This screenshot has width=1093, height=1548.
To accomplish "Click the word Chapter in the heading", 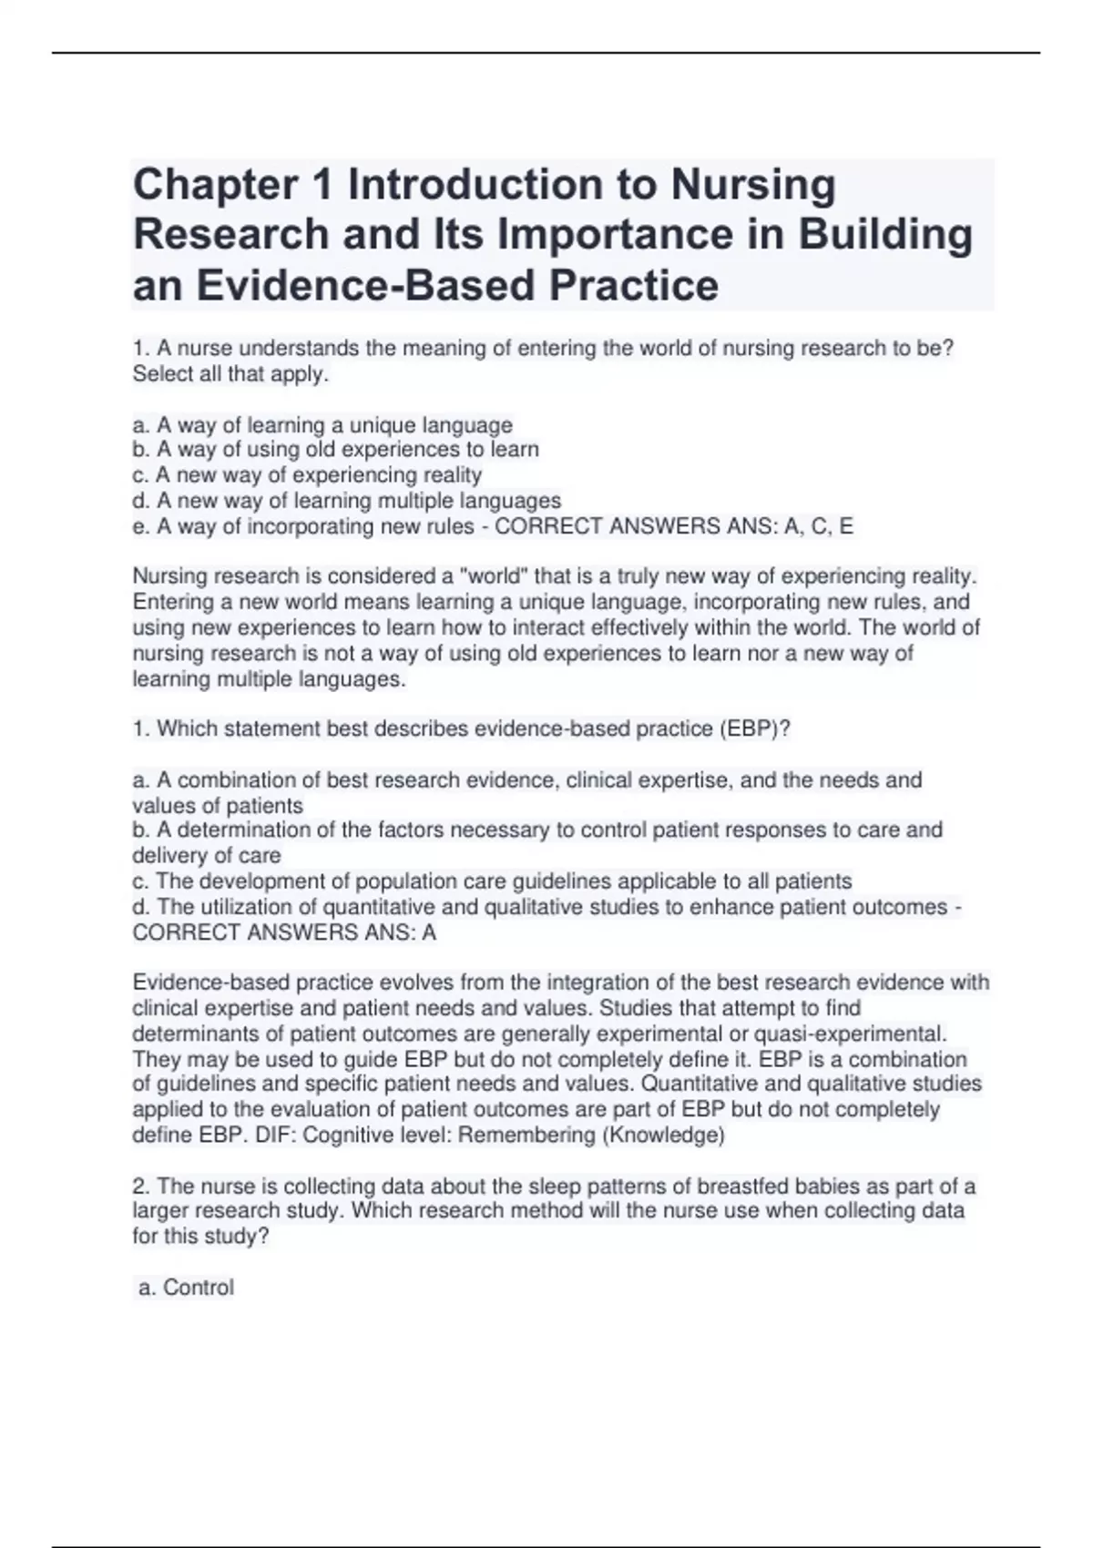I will pos(215,186).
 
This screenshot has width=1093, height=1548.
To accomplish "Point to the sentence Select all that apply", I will pos(230,374).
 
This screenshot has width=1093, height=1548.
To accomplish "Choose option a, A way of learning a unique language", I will pos(322,425).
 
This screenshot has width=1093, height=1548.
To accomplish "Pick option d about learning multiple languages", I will pos(346,501).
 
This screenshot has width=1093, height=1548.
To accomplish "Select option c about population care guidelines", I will pos(492,881).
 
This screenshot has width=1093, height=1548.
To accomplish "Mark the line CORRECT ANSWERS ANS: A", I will pos(284,932).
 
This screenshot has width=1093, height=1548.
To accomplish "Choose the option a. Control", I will pos(186,1288).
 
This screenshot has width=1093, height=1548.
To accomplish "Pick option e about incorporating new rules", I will pos(303,526).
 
